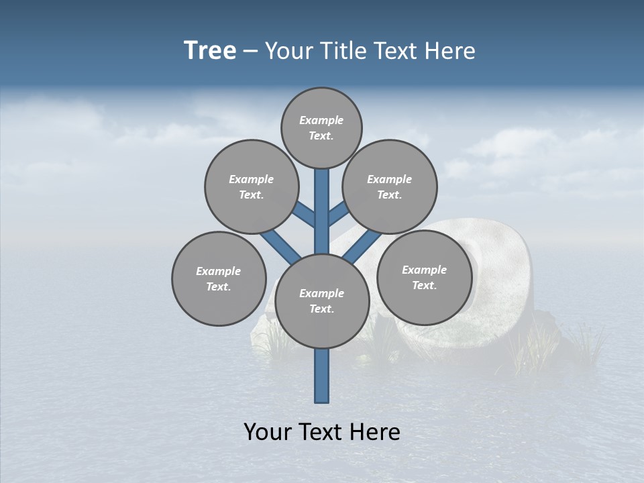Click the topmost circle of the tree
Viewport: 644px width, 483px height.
[x=321, y=127]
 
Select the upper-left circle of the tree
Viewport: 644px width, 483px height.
[x=251, y=186]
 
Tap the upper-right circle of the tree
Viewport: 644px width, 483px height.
[x=389, y=186]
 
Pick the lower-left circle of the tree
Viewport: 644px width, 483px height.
[x=219, y=278]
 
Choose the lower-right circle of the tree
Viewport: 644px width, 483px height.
[x=424, y=277]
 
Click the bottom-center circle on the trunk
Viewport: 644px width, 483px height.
[x=322, y=301]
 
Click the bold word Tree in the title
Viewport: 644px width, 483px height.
[x=210, y=50]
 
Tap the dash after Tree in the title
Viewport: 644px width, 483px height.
[x=250, y=51]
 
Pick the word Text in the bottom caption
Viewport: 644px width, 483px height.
[x=322, y=432]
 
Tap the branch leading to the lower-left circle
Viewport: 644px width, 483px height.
[x=280, y=244]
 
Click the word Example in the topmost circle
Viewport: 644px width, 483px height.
[x=321, y=120]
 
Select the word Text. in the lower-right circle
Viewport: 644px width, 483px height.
[x=424, y=285]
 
